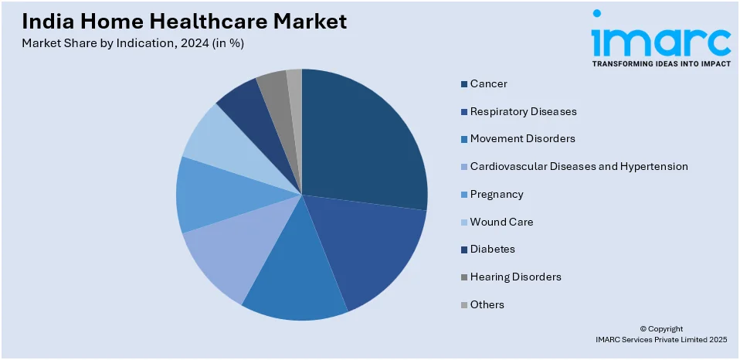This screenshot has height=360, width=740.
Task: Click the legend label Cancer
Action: click(488, 83)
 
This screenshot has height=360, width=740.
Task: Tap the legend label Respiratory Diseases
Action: click(523, 111)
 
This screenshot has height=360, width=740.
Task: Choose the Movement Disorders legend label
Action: click(522, 139)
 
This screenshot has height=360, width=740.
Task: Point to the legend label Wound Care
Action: click(501, 222)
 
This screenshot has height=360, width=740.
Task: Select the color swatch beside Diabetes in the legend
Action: click(463, 250)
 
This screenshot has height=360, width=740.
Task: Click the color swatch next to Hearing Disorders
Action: click(463, 277)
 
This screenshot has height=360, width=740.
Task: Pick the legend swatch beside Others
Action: click(463, 305)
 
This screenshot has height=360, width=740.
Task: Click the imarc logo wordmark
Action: click(660, 39)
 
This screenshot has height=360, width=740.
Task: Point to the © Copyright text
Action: click(661, 328)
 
